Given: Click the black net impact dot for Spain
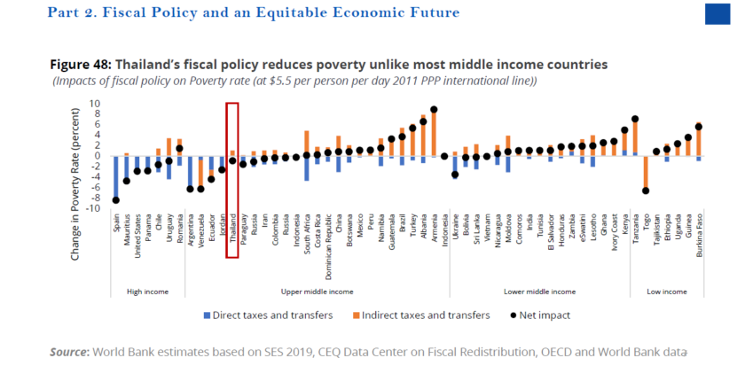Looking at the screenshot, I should pos(115,200).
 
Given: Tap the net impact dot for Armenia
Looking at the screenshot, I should pos(434,110).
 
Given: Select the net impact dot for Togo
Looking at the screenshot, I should pos(646,191).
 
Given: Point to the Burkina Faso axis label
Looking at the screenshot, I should pos(699,238).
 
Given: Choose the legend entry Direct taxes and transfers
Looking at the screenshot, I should pos(267,314).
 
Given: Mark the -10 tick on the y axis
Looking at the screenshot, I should pos(96,208).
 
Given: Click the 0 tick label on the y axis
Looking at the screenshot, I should pos(100,156).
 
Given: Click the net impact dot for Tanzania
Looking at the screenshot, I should pos(635,120).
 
